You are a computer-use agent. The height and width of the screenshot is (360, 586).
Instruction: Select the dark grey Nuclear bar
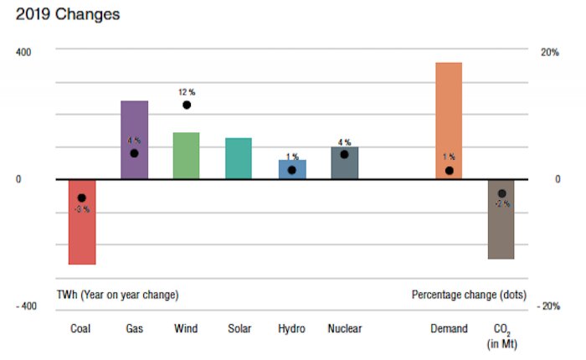(344, 166)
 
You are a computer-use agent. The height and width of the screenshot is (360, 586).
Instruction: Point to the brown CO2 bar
(501, 230)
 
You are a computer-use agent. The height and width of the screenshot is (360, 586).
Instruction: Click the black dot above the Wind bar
(187, 105)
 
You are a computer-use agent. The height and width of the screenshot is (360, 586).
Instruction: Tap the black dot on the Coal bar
(81, 198)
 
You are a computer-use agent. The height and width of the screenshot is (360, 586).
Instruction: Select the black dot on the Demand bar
(450, 171)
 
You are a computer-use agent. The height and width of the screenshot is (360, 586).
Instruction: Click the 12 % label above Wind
(186, 91)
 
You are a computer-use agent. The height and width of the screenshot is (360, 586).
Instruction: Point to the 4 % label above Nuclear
(344, 142)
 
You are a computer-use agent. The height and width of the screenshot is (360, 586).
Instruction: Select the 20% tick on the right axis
(549, 52)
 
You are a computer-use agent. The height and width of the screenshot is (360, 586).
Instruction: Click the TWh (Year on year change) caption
(117, 295)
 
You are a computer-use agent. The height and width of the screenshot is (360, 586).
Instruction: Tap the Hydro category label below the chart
(291, 328)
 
